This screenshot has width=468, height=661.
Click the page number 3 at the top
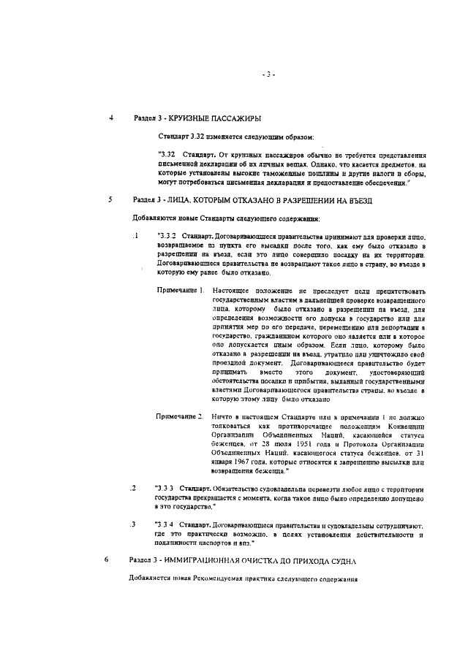pos(268,74)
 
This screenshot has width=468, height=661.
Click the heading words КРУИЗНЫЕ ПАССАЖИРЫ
pos(216,118)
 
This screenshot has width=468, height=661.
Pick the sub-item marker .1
pos(135,236)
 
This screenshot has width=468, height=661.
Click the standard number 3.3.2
pos(167,237)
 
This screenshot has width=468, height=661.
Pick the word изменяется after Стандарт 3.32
pos(229,137)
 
